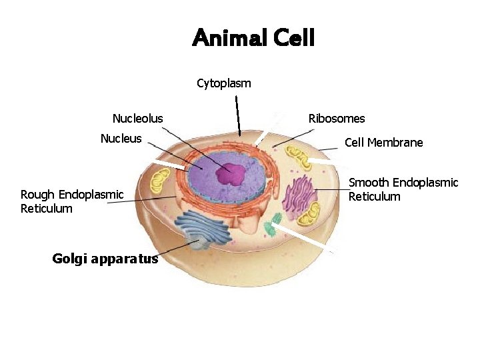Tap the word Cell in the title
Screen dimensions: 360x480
(293, 38)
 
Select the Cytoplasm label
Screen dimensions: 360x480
(224, 83)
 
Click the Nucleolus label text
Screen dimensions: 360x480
(137, 119)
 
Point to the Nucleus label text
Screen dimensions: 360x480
(121, 139)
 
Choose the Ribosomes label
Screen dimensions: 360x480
(337, 119)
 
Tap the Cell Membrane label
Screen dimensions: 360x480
(383, 143)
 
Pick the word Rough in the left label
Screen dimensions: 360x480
(36, 195)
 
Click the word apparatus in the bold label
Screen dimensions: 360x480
(127, 259)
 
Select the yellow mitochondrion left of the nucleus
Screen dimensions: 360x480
(160, 181)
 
